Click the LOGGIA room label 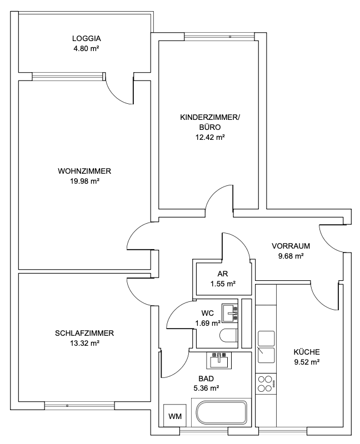pos(87,39)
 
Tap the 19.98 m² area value pos(85,181)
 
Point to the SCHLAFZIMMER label pos(85,333)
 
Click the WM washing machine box pos(175,416)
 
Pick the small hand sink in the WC pos(229,311)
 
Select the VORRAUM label pos(291,246)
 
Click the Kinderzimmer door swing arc pos(218,198)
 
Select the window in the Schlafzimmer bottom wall pos(81,406)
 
